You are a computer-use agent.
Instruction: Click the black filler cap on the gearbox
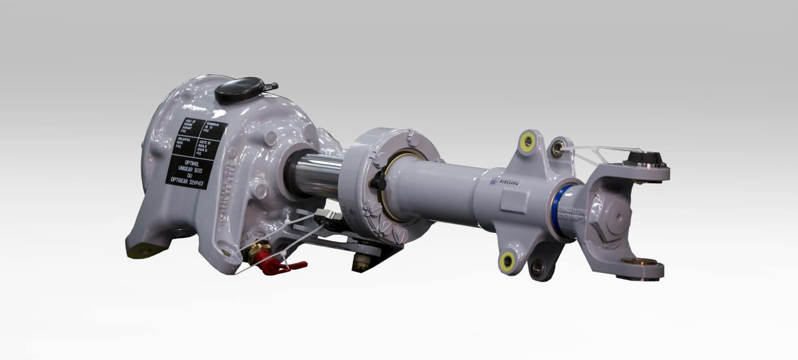click(x=240, y=89)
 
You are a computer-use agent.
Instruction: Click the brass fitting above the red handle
click(x=258, y=250)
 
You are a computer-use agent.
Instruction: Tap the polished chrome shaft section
click(x=316, y=174)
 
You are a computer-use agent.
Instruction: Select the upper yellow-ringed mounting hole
click(x=527, y=142)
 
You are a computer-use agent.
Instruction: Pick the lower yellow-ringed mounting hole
click(x=507, y=261)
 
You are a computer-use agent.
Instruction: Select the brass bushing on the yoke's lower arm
click(x=638, y=261)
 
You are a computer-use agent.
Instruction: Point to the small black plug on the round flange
click(x=378, y=182)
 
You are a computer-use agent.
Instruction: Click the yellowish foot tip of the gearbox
click(x=142, y=251)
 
